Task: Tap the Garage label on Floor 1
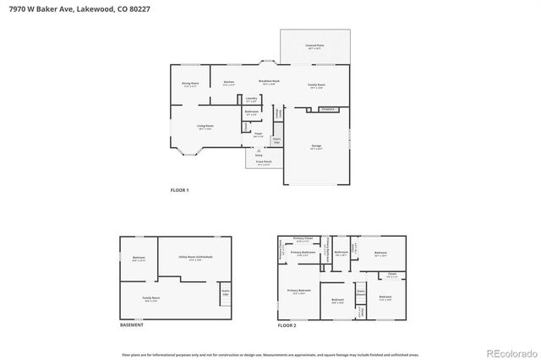pos(316,147)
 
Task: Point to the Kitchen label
pos(228,83)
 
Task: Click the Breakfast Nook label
pos(269,82)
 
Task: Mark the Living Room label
pos(205,127)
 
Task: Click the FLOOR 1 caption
pos(179,190)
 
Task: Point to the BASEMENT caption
pos(132,325)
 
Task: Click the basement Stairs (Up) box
pos(226,293)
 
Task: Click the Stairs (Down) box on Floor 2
pos(360,292)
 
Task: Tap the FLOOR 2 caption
pos(287,325)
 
